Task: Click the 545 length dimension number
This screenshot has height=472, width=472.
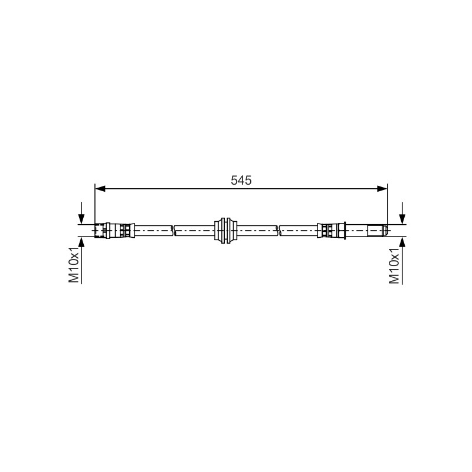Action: pos(241,181)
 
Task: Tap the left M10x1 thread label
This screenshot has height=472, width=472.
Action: pos(74,265)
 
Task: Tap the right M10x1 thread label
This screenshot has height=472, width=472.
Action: pos(394,266)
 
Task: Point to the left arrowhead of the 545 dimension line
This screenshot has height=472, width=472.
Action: pos(100,189)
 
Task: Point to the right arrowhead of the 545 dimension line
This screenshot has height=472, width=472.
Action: pos(382,189)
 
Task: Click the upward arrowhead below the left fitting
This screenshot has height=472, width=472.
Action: pos(81,242)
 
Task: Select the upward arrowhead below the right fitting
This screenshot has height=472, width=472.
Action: pos(402,242)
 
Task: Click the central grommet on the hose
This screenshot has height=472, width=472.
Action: pos(225,231)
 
